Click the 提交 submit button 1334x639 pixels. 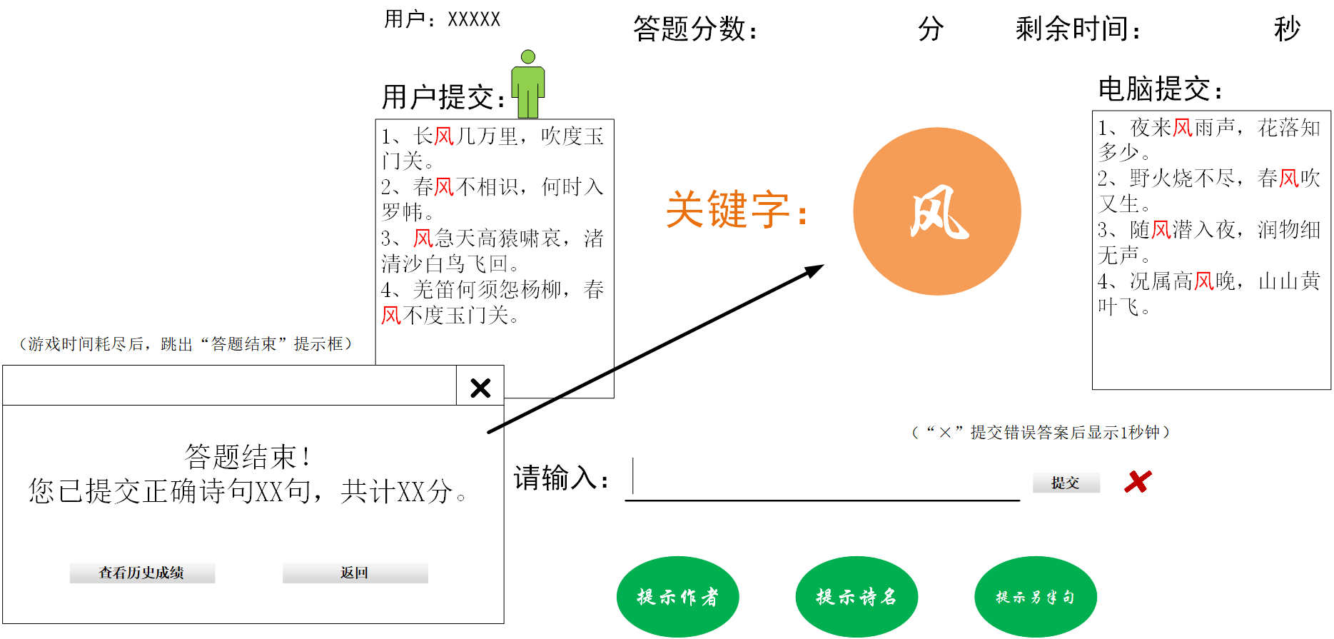tap(1066, 483)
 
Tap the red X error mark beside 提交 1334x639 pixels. tap(1138, 482)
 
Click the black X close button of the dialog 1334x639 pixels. tap(480, 388)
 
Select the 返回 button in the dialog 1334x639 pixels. tap(355, 573)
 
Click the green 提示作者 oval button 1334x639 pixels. tap(677, 596)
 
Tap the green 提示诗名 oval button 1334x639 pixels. tap(856, 596)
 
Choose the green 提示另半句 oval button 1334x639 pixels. tap(1035, 596)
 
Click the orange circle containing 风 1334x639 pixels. tap(936, 211)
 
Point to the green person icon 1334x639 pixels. tap(528, 84)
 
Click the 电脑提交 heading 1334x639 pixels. tap(1159, 90)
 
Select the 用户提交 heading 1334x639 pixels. tap(443, 97)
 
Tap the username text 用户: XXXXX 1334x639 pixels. tap(442, 19)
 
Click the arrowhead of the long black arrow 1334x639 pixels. tap(816, 270)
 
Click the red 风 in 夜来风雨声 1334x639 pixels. tap(1183, 129)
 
